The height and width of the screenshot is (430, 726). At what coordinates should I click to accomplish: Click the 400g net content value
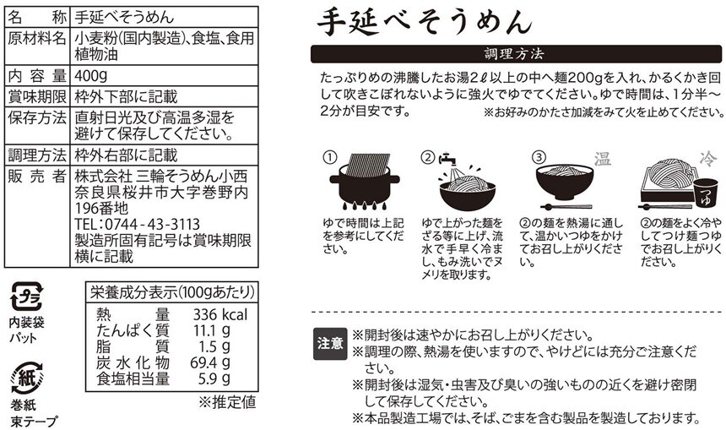91,75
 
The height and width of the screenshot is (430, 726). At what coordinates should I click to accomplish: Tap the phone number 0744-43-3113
152,224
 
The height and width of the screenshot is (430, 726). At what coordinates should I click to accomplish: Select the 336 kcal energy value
220,314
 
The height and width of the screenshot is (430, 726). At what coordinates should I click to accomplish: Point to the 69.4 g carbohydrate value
210,362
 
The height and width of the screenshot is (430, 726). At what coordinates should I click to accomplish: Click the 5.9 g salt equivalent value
214,378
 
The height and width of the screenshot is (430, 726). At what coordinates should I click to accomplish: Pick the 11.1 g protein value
212,330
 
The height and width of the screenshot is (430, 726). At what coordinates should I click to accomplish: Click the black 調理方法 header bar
516,54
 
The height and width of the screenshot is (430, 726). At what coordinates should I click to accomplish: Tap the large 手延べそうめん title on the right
425,21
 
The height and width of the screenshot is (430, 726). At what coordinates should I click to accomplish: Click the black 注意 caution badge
330,343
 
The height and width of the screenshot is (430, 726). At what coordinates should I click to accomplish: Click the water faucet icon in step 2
447,161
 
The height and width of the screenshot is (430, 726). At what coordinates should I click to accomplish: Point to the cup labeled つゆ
705,193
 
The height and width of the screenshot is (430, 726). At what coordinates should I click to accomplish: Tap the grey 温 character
603,159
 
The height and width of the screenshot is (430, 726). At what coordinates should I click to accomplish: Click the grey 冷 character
708,159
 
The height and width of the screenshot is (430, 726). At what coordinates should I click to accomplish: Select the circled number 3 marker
539,157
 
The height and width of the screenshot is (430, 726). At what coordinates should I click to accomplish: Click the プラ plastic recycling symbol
27,297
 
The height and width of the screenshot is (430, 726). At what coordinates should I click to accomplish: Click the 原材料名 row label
37,39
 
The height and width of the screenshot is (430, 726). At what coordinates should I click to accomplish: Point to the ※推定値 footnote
227,402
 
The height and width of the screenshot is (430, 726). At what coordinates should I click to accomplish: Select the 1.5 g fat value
214,346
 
